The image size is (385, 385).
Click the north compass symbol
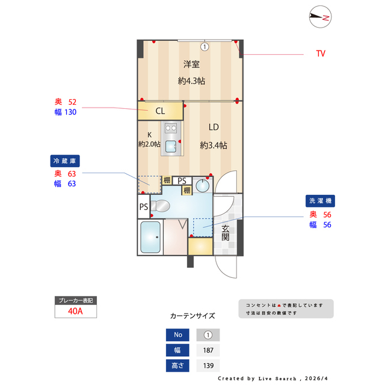[319, 18]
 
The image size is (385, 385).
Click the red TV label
[321, 54]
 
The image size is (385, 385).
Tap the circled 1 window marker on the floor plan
[205, 46]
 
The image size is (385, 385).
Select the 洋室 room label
[192, 65]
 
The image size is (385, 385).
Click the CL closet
[160, 111]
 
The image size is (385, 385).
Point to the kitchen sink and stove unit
[170, 138]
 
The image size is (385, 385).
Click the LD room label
[214, 127]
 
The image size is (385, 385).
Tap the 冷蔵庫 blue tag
[65, 161]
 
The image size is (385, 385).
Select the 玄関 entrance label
[225, 233]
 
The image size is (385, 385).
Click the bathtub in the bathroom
[150, 237]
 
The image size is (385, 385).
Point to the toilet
[161, 206]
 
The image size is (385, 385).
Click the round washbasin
[203, 184]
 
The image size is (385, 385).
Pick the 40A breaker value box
[75, 311]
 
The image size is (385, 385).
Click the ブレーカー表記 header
[75, 300]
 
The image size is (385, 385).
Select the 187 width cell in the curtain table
[208, 351]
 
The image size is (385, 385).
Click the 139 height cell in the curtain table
[208, 366]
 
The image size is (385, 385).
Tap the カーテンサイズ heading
[192, 315]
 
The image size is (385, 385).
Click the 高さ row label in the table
[177, 366]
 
